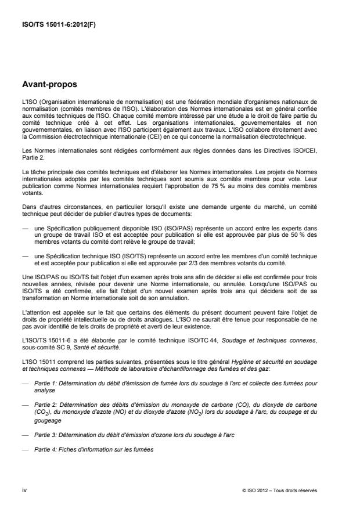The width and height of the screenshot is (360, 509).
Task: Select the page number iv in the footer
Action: pos(24,489)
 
